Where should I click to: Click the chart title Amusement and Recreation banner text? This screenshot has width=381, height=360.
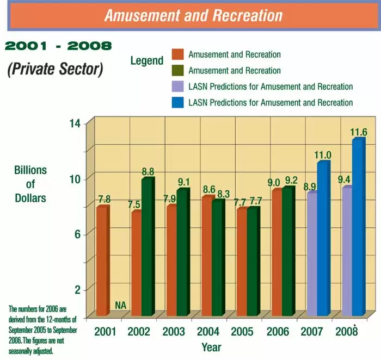(194, 15)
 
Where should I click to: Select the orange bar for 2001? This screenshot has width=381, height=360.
(102, 261)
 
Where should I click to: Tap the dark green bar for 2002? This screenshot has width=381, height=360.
(147, 247)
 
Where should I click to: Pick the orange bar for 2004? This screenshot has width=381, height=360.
(207, 256)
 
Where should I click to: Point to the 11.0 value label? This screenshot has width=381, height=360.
(323, 156)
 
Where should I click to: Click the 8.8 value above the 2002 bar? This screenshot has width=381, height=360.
(148, 172)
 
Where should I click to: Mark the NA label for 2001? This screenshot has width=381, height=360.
(121, 306)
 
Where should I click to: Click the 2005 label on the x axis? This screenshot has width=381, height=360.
(242, 331)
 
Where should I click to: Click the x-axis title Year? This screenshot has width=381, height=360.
(211, 346)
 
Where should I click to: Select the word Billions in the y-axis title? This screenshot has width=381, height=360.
(30, 170)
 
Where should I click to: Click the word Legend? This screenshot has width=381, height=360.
(147, 60)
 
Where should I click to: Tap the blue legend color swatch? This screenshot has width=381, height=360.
(178, 102)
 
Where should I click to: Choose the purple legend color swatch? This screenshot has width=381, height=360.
(178, 86)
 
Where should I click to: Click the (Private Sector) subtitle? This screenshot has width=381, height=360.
(55, 70)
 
